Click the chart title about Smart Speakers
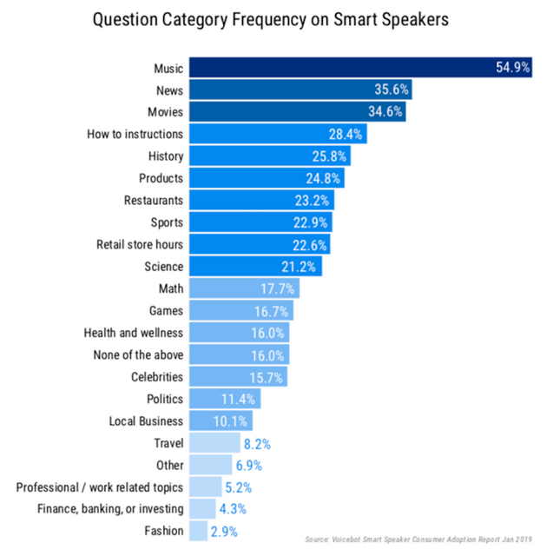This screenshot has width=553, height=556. pos(276,20)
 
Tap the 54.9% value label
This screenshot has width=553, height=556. pos(512,68)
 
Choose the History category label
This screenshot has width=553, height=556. pos(164,156)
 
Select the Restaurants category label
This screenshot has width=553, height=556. pos(153,201)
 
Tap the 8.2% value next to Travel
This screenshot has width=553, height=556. pos(256,443)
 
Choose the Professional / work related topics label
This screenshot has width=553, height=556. pos(100,487)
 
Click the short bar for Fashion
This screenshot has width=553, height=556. pos(198,531)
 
